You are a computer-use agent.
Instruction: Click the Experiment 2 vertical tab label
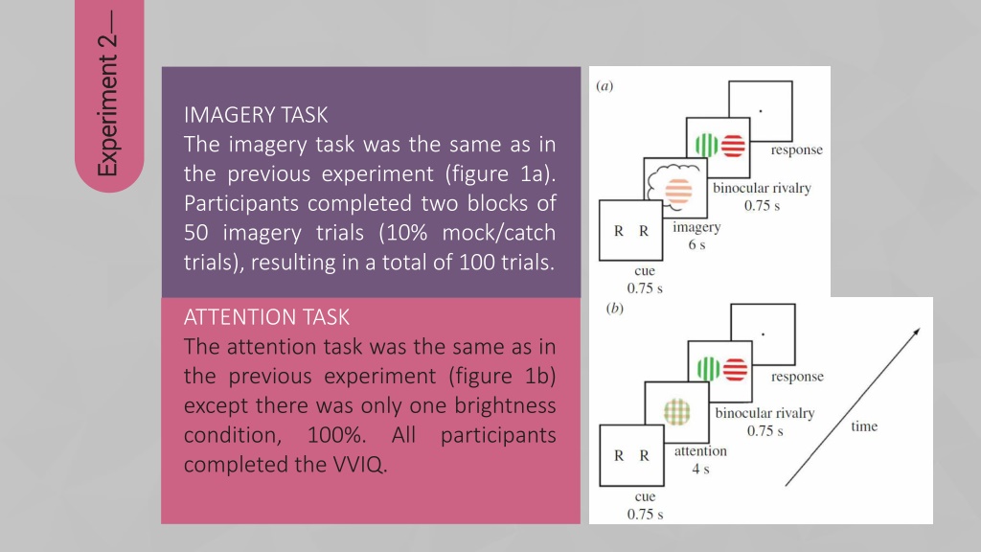point(107,94)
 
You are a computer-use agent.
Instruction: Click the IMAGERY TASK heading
point(255,115)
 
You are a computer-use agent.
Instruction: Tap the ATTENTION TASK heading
point(266,317)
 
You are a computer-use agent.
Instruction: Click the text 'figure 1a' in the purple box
point(500,174)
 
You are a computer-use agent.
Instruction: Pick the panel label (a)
point(605,86)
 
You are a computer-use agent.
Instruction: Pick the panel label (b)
point(614,308)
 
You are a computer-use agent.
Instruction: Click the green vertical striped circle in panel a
point(706,146)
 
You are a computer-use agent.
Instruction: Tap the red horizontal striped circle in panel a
point(733,146)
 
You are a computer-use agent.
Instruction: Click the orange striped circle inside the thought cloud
point(679,192)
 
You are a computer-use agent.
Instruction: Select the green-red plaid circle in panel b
point(677,412)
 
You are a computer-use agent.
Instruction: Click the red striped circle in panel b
point(735,369)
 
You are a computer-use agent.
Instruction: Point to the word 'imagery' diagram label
point(696,228)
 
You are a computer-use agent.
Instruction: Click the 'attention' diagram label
point(700,451)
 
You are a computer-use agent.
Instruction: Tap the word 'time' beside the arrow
point(864,426)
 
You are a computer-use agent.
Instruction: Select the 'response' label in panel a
point(796,150)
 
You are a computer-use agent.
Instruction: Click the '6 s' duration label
point(697,244)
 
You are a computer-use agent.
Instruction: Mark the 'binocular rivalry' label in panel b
point(764,413)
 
